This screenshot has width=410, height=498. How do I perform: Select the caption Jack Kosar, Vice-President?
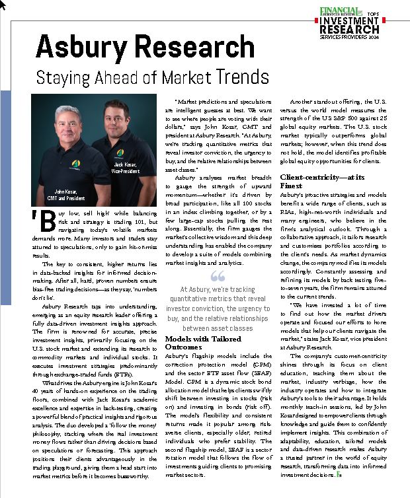point(125,167)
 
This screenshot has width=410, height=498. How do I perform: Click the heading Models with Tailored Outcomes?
point(198,342)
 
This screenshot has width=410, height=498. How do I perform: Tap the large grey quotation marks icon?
point(217,277)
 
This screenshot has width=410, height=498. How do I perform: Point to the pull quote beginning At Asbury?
point(217,308)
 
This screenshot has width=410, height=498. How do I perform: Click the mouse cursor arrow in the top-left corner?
point(3,4)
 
